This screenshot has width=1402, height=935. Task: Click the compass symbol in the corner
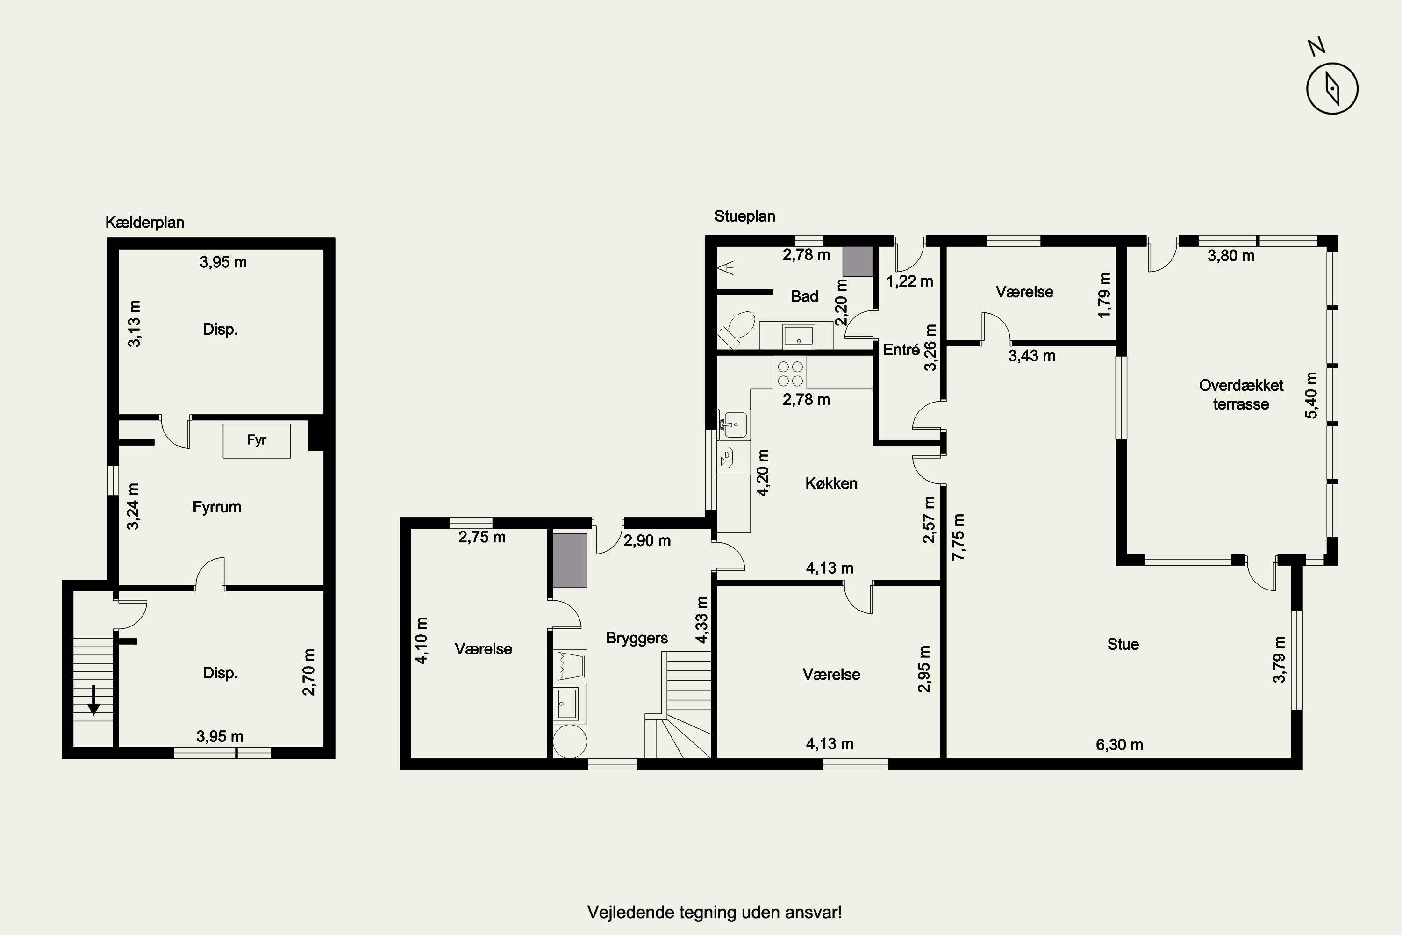(1332, 88)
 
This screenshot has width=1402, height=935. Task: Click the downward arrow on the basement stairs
(93, 700)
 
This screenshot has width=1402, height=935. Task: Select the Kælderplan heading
(145, 223)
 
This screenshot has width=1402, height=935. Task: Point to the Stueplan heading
(744, 216)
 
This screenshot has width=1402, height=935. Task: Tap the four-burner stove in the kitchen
(790, 373)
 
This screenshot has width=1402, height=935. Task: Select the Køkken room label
(831, 483)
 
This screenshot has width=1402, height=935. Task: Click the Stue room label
(1123, 644)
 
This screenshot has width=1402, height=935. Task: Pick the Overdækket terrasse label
(1241, 395)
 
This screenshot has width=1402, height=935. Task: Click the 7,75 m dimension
(959, 537)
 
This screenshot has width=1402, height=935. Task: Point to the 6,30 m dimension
(1119, 745)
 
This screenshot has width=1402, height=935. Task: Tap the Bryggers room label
(637, 638)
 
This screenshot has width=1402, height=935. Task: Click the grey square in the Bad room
(858, 261)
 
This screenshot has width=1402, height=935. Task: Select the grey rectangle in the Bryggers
(570, 561)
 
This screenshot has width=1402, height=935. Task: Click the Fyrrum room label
(217, 507)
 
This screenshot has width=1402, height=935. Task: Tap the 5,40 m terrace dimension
(1311, 396)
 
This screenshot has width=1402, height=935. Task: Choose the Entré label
(901, 350)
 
